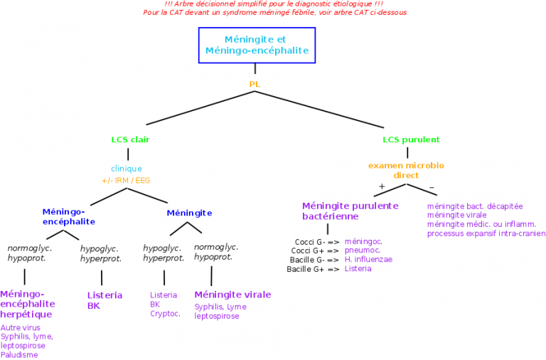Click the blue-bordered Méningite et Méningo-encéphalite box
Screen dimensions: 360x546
tap(256, 45)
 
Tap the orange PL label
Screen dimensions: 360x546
tap(255, 84)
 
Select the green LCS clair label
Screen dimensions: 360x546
tap(130, 140)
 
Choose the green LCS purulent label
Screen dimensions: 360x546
tap(411, 140)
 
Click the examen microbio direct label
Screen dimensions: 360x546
tap(406, 170)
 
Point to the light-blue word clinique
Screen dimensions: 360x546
tap(127, 169)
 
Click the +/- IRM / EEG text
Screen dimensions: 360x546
tap(126, 181)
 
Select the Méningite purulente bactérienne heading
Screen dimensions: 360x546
tap(350, 211)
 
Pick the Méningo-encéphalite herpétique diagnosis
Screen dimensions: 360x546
tap(27, 304)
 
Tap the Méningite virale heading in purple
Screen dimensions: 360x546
tap(232, 295)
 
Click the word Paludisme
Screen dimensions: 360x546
tap(19, 354)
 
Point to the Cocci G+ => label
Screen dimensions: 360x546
tap(315, 251)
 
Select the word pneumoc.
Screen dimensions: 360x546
tap(362, 250)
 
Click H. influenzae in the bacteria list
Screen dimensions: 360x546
tap(368, 260)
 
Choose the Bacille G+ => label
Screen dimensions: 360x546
tap(313, 270)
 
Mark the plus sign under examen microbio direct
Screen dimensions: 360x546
tap(382, 186)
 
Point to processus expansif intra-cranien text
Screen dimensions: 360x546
tap(486, 233)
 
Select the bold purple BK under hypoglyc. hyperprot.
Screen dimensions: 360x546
tap(94, 306)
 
